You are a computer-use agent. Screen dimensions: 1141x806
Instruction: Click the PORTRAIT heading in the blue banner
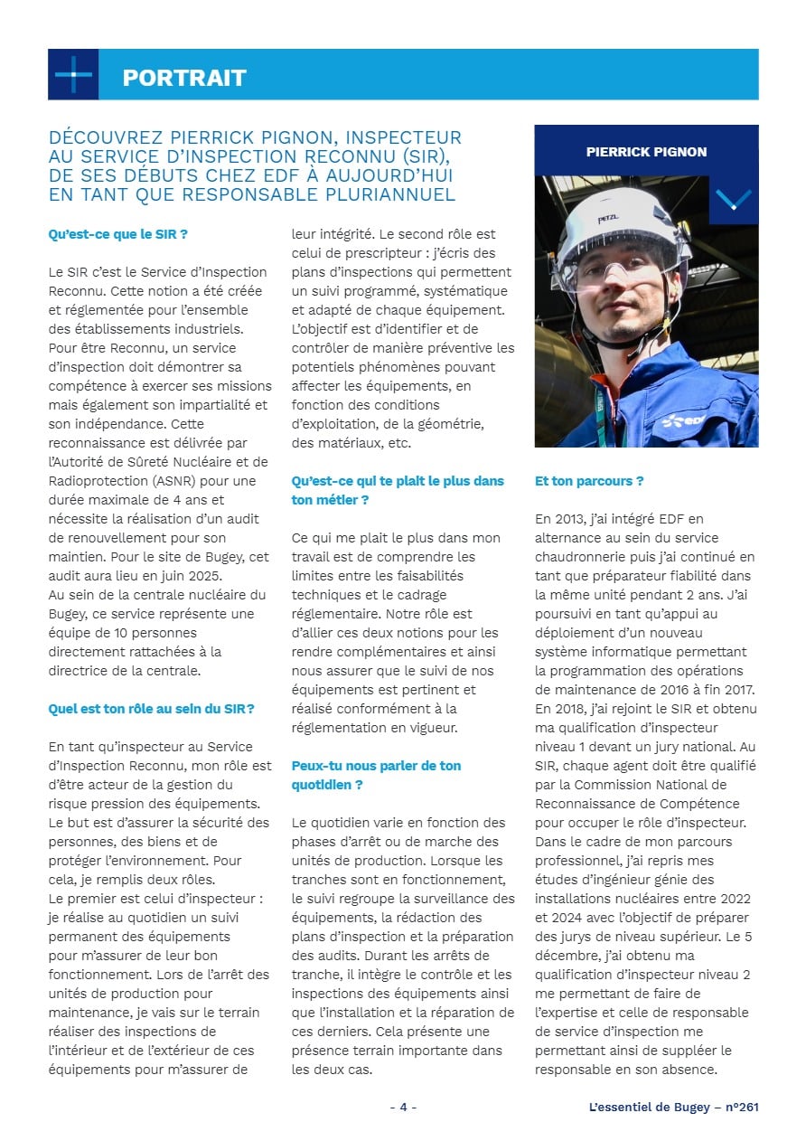tap(184, 78)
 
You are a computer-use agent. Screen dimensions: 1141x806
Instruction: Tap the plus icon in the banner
tap(73, 74)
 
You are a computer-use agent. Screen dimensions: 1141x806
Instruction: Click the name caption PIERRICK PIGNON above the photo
tap(646, 152)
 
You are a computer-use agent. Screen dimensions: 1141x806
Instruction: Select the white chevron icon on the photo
tap(733, 199)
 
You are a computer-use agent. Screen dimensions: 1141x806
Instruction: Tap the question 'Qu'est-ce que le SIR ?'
tap(117, 234)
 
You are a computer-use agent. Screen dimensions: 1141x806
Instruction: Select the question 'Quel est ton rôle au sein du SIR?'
tap(151, 709)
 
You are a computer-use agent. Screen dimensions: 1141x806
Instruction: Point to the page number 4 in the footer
tap(403, 1107)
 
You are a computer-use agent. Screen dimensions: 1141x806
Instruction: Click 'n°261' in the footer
tap(742, 1107)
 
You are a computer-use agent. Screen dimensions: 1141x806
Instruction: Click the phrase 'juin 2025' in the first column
tap(208, 576)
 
